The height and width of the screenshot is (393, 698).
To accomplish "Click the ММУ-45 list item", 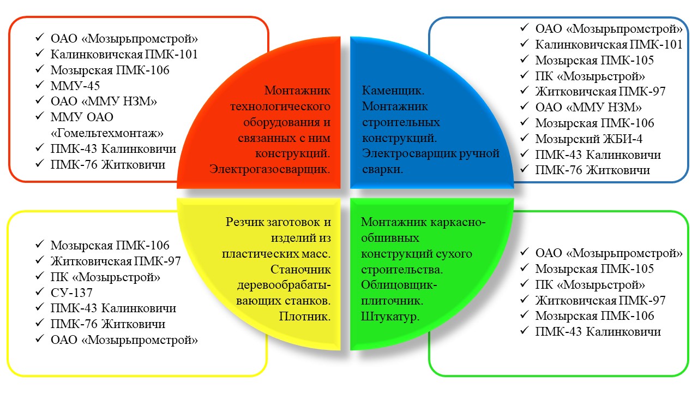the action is coord(75,86).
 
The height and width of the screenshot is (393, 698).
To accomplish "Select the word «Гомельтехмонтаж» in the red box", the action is coord(107,133).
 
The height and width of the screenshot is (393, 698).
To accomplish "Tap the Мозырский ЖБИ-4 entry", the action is coord(588,139).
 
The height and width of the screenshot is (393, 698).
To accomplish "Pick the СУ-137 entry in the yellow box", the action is coord(71,293).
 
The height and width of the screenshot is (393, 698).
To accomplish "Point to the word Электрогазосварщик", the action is coord(270,169).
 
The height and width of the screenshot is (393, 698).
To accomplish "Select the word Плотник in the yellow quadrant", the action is coord(304,316).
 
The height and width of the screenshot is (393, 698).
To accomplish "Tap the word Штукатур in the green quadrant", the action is coord(390,316).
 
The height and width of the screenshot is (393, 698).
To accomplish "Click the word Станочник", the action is coord(300,269).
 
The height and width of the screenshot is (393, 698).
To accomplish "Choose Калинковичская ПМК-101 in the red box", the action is coord(124,54).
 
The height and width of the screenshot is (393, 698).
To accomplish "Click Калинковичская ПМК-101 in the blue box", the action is coord(609,44).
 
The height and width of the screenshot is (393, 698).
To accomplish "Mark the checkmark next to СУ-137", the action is coord(40,291).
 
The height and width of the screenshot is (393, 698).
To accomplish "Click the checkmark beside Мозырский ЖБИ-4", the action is coord(525,138).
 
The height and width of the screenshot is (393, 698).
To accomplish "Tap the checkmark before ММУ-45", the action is coord(40,85).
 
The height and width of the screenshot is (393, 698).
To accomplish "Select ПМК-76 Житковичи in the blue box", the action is coord(592,170).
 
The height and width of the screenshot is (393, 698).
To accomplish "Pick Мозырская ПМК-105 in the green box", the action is coord(594,269).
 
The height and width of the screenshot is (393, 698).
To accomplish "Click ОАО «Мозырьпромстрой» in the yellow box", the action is coord(124,340).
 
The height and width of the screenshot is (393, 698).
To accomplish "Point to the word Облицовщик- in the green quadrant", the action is coord(399,285).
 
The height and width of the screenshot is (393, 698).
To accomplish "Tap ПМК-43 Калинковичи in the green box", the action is coord(598,331).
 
